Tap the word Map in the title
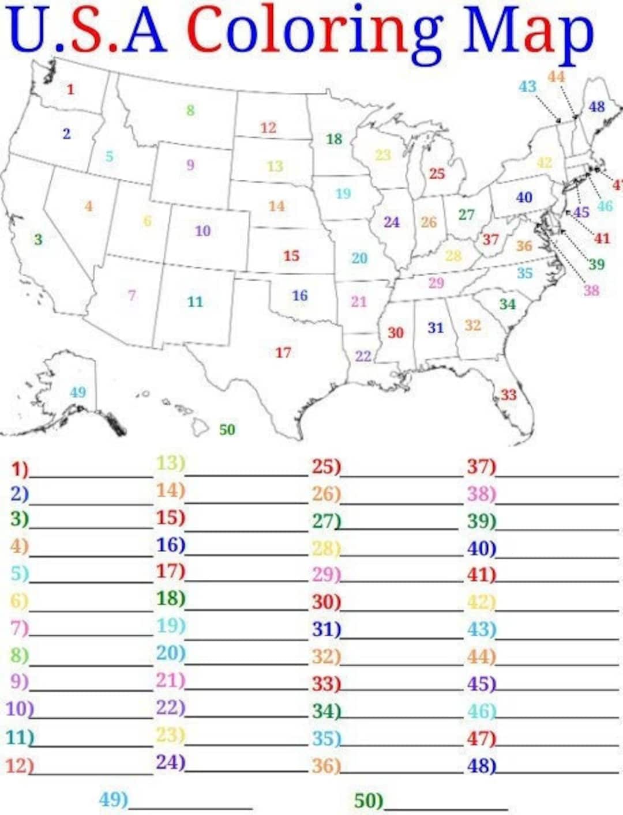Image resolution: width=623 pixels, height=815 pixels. [528, 32]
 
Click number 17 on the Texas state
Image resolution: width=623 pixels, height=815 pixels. [283, 352]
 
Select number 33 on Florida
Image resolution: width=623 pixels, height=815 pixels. [508, 395]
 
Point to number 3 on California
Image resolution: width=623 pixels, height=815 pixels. [38, 239]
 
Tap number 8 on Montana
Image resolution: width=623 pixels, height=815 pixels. [190, 110]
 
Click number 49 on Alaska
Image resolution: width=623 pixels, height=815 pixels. [78, 393]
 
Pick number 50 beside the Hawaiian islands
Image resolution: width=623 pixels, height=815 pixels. [227, 429]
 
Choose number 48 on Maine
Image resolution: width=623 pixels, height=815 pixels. [596, 107]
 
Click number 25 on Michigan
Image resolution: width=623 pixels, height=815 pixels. [437, 173]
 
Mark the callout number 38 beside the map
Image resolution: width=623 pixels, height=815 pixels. [591, 290]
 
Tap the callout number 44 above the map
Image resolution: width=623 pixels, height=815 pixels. [556, 77]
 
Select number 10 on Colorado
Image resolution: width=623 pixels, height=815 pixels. [202, 231]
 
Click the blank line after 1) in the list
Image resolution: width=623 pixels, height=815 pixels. [91, 476]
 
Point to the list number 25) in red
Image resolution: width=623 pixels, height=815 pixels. [326, 467]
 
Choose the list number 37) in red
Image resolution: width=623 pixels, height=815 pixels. [481, 467]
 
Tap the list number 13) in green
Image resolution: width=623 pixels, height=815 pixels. [170, 463]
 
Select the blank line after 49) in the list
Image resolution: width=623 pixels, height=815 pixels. [190, 807]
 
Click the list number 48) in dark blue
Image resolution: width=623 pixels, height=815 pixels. [481, 765]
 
